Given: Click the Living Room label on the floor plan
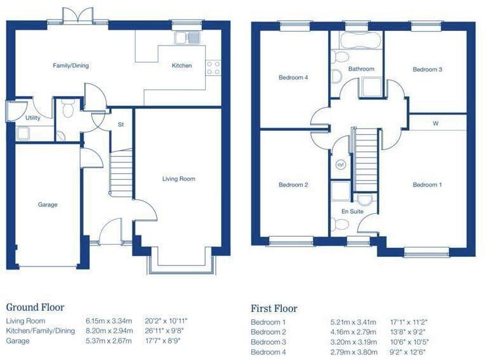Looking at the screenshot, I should pyautogui.click(x=179, y=179).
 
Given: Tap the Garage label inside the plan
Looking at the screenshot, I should pyautogui.click(x=47, y=204).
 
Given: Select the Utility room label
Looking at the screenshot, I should pyautogui.click(x=33, y=118).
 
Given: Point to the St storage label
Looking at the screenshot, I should pyautogui.click(x=120, y=125).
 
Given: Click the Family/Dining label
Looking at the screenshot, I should pyautogui.click(x=70, y=65).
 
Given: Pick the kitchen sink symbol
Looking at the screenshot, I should pyautogui.click(x=188, y=37).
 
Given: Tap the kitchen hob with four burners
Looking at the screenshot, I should pyautogui.click(x=213, y=68).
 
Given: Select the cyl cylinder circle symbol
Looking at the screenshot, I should pyautogui.click(x=339, y=164).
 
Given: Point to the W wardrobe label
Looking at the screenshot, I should pyautogui.click(x=436, y=123).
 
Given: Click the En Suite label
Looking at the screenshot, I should pyautogui.click(x=352, y=211).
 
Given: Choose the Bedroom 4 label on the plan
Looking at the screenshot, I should pyautogui.click(x=293, y=78).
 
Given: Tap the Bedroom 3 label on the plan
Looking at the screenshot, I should pyautogui.click(x=427, y=70).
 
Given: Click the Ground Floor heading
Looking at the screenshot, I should pyautogui.click(x=35, y=307).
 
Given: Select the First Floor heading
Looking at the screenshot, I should pyautogui.click(x=274, y=309).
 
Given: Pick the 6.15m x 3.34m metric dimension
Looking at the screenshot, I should pyautogui.click(x=108, y=321).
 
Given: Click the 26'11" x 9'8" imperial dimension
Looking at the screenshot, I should pyautogui.click(x=165, y=331).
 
